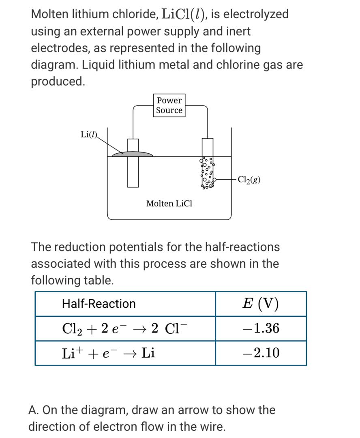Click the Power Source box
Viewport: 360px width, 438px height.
click(169, 105)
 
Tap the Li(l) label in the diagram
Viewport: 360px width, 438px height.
click(89, 135)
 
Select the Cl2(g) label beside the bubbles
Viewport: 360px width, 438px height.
click(249, 179)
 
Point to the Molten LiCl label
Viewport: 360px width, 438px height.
click(169, 204)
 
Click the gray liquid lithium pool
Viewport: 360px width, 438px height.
click(133, 154)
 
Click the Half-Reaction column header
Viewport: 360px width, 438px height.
click(99, 304)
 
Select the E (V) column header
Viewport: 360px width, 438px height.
click(261, 304)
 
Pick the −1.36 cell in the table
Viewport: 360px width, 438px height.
click(261, 328)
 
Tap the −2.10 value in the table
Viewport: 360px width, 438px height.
click(261, 353)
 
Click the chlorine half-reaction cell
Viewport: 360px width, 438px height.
click(125, 328)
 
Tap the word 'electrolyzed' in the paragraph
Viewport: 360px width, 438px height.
click(256, 14)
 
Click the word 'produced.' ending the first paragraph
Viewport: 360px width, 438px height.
click(58, 81)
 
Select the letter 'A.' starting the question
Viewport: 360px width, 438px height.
click(34, 410)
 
